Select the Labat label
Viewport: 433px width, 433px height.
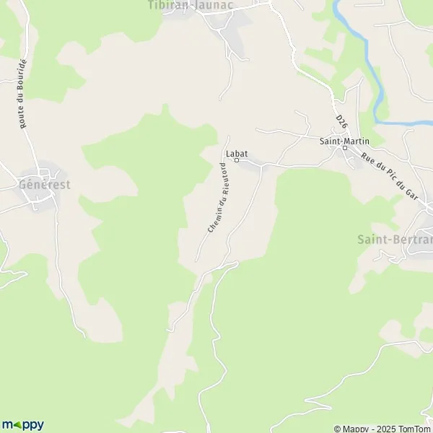tap(236, 153)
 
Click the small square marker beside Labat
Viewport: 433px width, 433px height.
tap(235, 161)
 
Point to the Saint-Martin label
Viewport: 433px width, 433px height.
tap(341, 141)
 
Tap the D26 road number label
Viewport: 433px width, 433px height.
tap(341, 121)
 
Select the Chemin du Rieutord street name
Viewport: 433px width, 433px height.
tap(221, 197)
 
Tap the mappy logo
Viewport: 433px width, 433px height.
tap(23, 424)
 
